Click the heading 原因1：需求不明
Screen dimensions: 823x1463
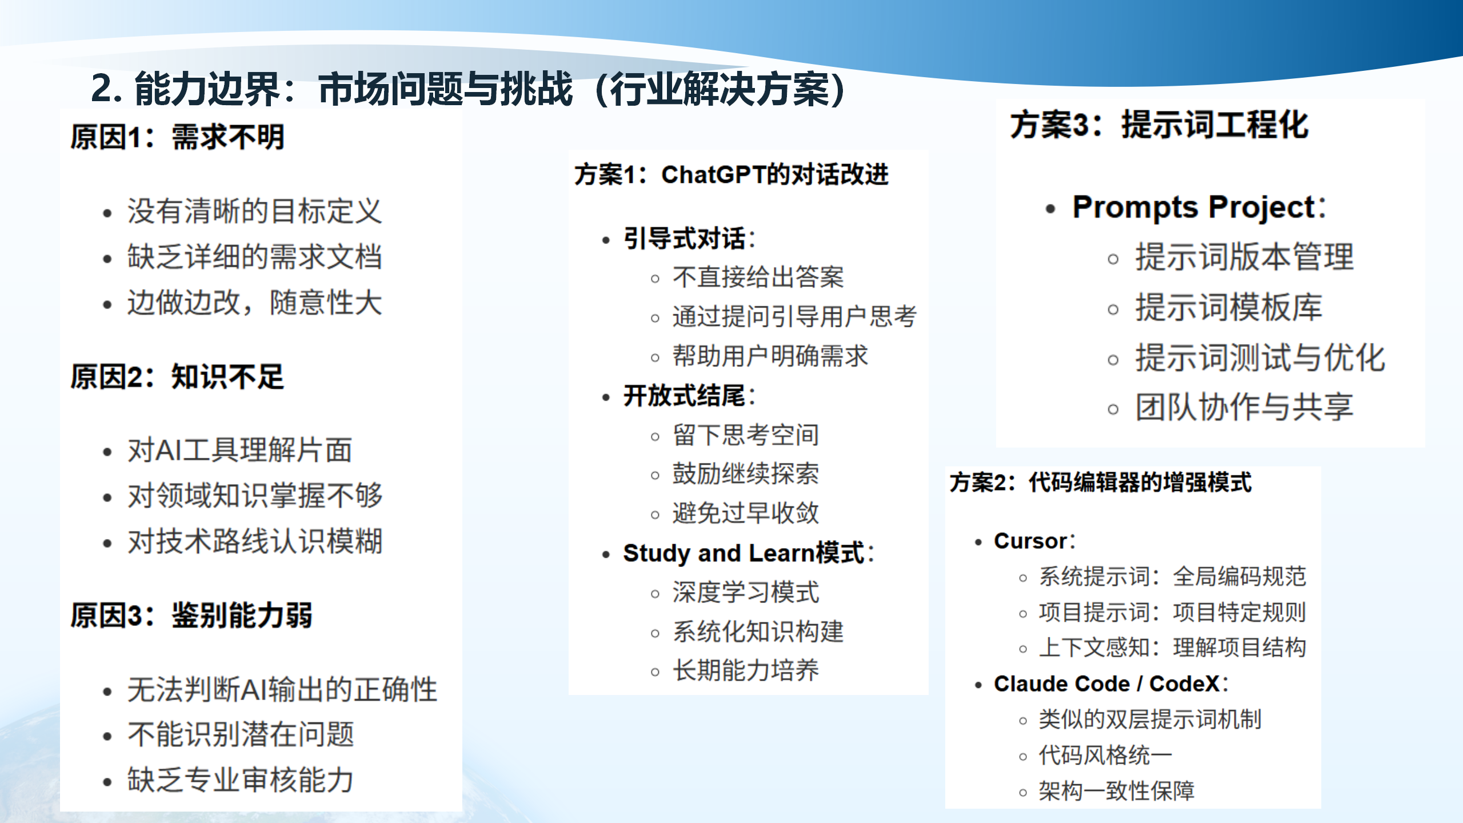point(177,138)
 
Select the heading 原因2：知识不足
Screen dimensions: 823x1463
point(177,377)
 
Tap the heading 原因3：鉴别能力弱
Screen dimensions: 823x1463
point(191,616)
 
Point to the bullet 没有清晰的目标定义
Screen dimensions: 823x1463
point(254,211)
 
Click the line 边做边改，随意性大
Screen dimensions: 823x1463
point(254,303)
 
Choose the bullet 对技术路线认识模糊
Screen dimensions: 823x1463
point(254,541)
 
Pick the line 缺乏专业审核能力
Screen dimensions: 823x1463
point(240,780)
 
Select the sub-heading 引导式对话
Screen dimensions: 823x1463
point(684,239)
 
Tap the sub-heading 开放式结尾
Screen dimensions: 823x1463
point(684,395)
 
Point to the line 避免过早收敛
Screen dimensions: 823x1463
point(745,513)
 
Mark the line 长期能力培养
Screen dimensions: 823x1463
point(745,670)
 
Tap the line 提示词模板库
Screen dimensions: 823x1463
point(1229,307)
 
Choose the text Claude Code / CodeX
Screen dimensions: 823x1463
point(1106,684)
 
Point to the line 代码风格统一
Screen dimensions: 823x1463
point(1105,756)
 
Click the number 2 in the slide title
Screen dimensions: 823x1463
point(102,89)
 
